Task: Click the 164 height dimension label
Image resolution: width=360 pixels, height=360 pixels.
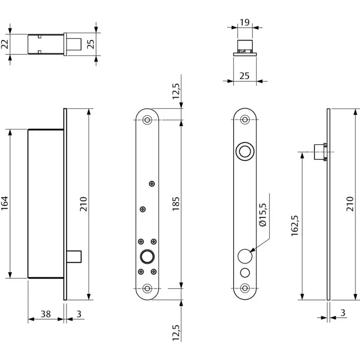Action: click(5, 203)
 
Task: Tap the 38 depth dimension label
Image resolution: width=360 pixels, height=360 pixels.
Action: click(45, 314)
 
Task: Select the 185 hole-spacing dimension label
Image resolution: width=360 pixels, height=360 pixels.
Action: click(175, 204)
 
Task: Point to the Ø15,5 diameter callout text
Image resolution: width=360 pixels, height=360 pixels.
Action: click(262, 215)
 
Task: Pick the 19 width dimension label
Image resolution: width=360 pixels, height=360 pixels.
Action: click(244, 22)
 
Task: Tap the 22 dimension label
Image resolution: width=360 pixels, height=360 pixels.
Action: click(5, 44)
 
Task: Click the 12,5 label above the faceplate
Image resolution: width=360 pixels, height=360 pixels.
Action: click(176, 91)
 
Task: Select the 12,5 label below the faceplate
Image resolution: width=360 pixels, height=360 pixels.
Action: click(176, 333)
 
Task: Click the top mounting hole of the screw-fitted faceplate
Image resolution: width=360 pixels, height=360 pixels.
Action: click(147, 120)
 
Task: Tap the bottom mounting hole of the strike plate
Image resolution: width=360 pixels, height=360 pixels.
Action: click(245, 288)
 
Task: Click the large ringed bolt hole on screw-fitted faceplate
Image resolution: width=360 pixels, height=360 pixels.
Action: click(147, 256)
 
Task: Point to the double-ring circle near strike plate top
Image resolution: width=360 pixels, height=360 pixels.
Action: click(245, 152)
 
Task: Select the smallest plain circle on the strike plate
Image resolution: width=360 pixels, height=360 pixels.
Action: click(245, 273)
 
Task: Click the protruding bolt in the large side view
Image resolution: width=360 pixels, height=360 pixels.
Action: click(74, 256)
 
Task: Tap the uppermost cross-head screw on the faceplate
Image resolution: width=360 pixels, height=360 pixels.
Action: click(152, 184)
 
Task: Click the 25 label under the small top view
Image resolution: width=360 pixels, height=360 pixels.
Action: click(244, 76)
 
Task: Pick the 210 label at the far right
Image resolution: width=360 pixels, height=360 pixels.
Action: click(350, 204)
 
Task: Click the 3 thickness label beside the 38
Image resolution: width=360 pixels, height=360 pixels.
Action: click(79, 314)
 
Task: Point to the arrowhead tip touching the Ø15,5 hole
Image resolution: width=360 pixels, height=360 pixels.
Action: click(250, 252)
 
